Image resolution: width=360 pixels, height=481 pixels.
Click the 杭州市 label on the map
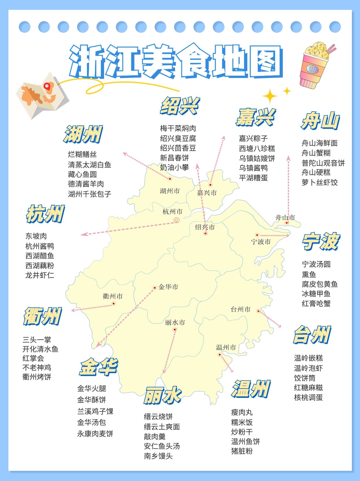point(172,212)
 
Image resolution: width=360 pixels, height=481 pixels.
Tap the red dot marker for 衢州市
point(114,304)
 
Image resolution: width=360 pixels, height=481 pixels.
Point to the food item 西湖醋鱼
point(40,256)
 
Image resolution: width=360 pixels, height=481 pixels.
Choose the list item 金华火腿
point(92,389)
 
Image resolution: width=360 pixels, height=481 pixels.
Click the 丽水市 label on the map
point(175,323)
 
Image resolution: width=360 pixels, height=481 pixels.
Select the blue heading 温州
point(251,389)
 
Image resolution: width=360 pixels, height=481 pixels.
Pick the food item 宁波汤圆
point(316,264)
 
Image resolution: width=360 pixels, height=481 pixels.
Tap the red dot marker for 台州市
point(258,311)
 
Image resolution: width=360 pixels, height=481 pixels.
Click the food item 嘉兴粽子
point(253,139)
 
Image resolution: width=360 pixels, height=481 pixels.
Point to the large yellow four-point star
point(270,96)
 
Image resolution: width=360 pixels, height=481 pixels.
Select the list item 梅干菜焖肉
point(178,128)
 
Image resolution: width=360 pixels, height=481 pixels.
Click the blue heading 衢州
point(43,316)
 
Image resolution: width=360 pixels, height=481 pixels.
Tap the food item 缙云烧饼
point(158,417)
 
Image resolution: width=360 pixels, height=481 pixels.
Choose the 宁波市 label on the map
point(261,242)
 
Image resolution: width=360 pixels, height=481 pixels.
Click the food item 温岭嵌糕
point(308,358)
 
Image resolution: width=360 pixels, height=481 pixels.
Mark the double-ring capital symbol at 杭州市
point(177,220)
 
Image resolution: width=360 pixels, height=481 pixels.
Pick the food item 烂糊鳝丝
point(82,154)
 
